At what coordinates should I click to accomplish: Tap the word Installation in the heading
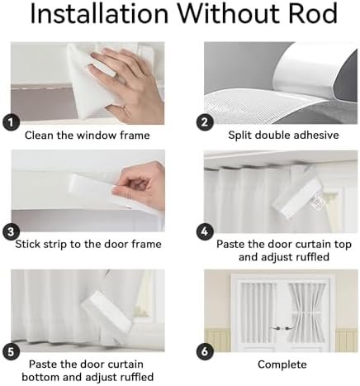[99, 13]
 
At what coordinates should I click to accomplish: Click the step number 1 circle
[11, 122]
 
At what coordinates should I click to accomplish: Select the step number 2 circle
[205, 122]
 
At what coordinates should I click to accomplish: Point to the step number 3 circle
[11, 232]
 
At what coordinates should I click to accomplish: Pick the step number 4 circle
[205, 232]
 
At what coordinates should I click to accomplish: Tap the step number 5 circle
[11, 352]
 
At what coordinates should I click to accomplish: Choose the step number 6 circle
[205, 352]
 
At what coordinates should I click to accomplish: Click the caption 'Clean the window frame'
[88, 136]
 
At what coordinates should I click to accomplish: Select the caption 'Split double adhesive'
[283, 136]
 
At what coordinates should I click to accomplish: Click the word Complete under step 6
[282, 365]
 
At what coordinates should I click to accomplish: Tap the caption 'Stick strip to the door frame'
[88, 244]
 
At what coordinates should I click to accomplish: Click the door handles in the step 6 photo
[281, 328]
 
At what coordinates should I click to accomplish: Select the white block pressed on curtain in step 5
[107, 313]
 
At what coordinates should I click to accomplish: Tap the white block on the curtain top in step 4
[296, 197]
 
